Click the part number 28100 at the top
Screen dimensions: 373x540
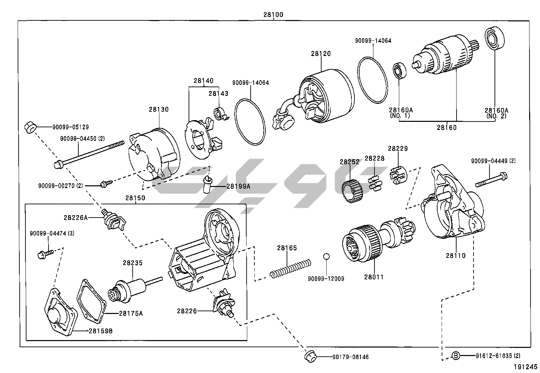273,15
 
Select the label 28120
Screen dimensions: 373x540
320,53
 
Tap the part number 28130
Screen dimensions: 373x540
158,109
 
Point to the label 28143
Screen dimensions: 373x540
218,93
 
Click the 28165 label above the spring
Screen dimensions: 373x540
287,248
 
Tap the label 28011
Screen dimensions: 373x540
374,277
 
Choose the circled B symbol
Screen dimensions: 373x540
456,356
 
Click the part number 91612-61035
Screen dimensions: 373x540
495,356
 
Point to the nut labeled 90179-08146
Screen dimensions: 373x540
310,356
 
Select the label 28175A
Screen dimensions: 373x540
131,313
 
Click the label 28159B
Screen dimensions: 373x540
101,331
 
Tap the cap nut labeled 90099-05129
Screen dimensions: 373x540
31,128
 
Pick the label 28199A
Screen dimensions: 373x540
238,186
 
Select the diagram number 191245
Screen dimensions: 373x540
525,367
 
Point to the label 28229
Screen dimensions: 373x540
398,148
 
